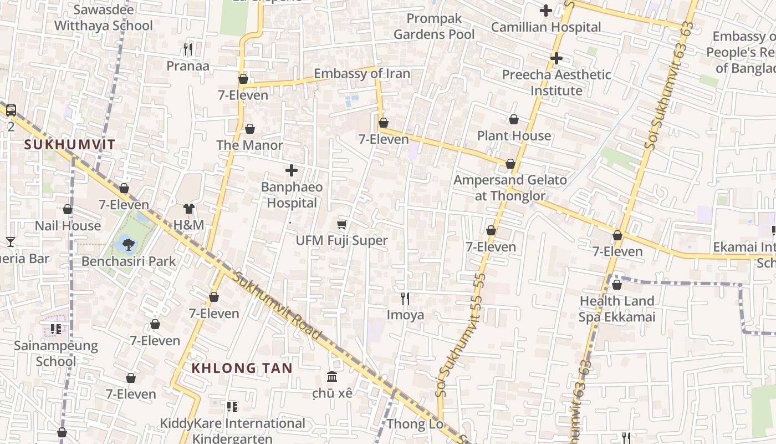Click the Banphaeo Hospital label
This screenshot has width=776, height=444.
coord(292,195)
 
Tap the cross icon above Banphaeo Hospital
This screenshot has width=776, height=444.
coord(292,170)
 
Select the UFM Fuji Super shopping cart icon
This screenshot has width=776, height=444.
coord(342,224)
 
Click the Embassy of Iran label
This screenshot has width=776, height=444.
coord(362,74)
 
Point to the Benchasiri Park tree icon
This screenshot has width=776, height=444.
coord(128,244)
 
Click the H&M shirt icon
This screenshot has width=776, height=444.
coord(189,209)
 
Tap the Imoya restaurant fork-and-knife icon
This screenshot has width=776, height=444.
coord(405,299)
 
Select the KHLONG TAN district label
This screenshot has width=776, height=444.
coord(242,368)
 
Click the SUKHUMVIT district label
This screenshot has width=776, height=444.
coord(70,145)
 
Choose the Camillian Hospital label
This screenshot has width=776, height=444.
coord(546,27)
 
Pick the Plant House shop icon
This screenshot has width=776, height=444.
coord(514,119)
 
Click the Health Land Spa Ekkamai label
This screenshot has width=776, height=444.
coord(617,309)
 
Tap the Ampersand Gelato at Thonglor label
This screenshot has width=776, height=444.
coord(510,188)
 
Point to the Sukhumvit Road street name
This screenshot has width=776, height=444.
coord(277,305)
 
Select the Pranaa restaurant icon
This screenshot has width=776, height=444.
coord(188,50)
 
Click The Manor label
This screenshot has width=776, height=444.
coord(249,145)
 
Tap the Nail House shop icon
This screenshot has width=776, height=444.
coord(68,209)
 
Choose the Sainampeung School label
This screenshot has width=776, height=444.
coord(55,354)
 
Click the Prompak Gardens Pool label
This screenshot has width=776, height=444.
coord(434,27)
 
